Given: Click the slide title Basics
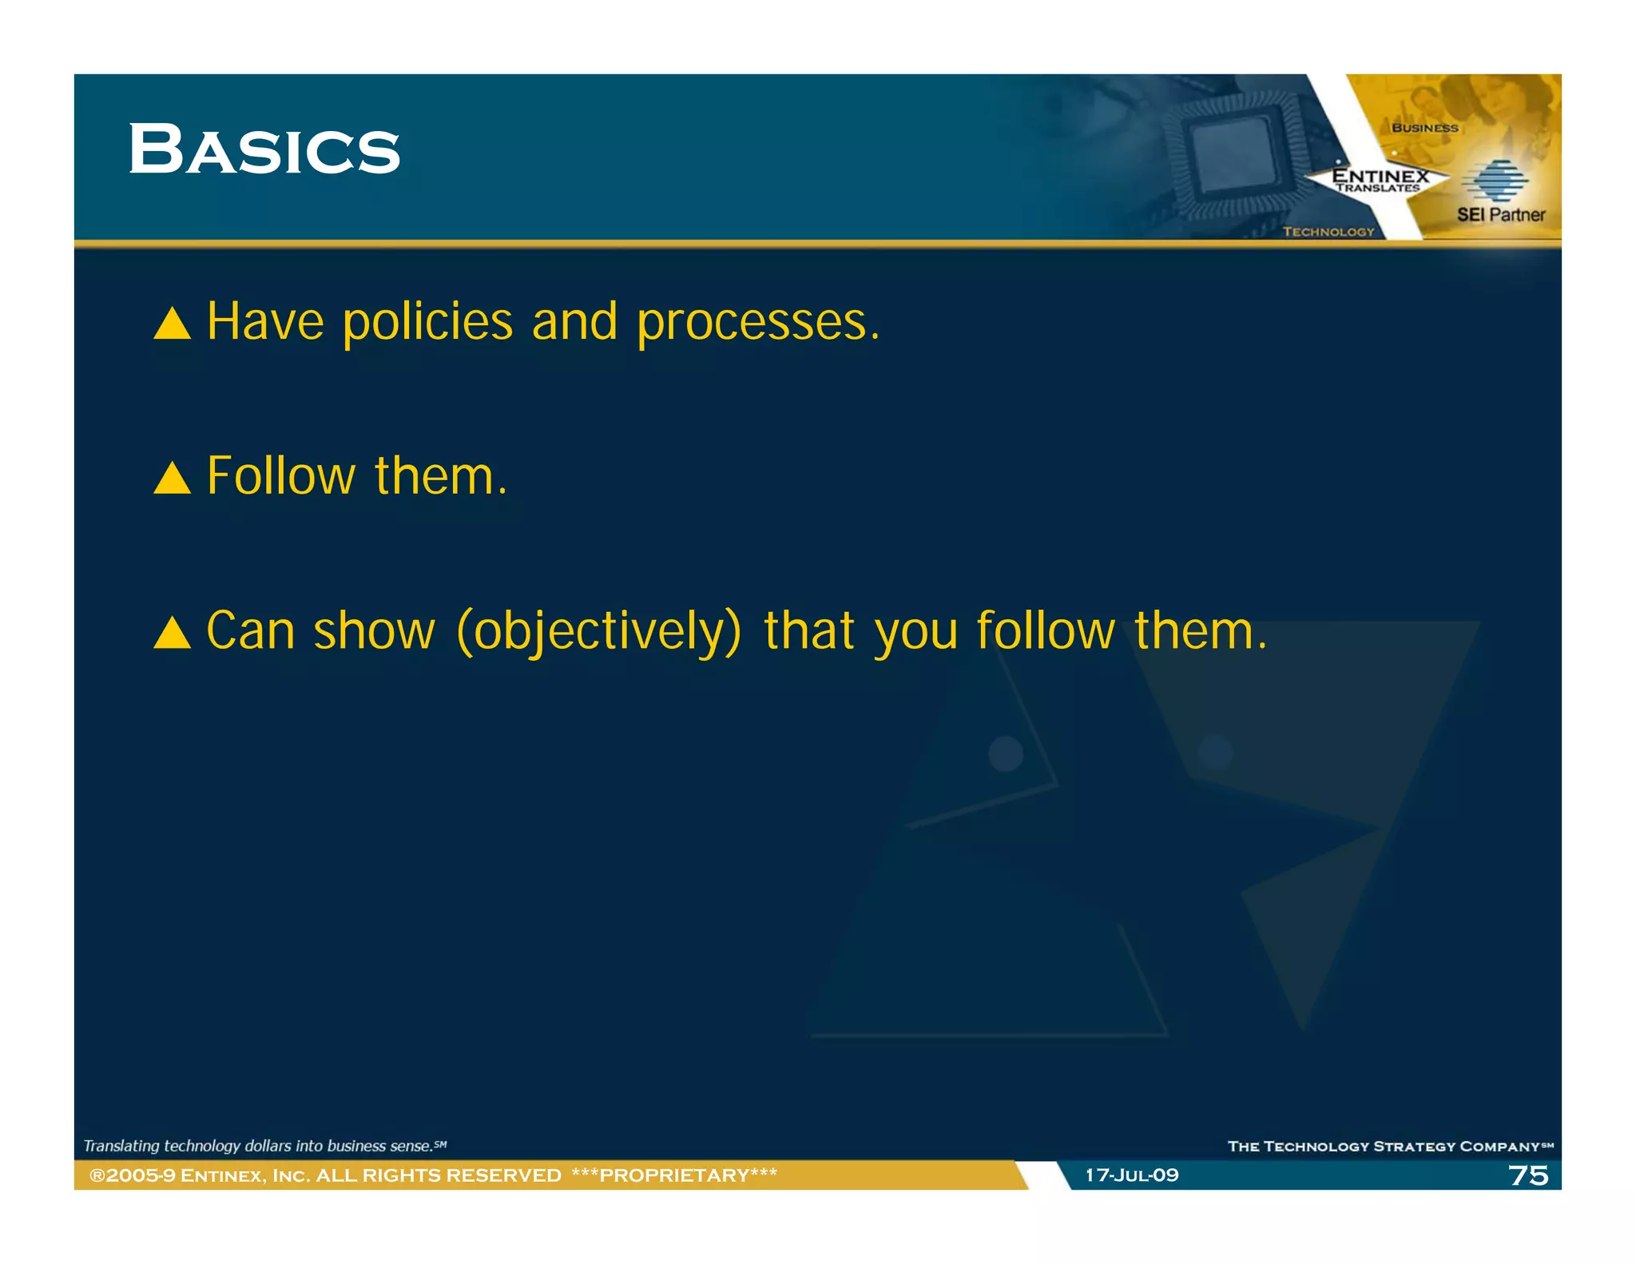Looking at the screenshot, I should [x=264, y=149].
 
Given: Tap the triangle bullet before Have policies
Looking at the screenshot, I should [x=172, y=324].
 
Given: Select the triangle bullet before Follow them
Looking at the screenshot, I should [x=172, y=478].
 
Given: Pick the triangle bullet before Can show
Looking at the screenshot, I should [x=172, y=632].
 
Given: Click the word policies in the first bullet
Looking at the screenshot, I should [x=427, y=323].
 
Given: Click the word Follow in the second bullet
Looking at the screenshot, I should [x=280, y=476].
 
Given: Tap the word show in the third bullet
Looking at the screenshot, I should [x=374, y=631].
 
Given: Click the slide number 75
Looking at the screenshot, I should [x=1527, y=1175].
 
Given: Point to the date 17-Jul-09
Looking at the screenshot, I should [x=1132, y=1175].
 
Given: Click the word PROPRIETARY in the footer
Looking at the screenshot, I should [x=674, y=1175].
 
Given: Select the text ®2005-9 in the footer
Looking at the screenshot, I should [x=132, y=1175].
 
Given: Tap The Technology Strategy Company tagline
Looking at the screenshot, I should [x=1388, y=1147].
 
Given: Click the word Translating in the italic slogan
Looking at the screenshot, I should [x=121, y=1146].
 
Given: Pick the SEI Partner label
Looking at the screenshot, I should [x=1500, y=215].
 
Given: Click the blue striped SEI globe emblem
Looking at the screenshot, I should [x=1494, y=181].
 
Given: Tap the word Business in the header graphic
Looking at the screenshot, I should [x=1424, y=128].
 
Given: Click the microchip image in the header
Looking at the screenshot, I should [x=1234, y=157].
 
